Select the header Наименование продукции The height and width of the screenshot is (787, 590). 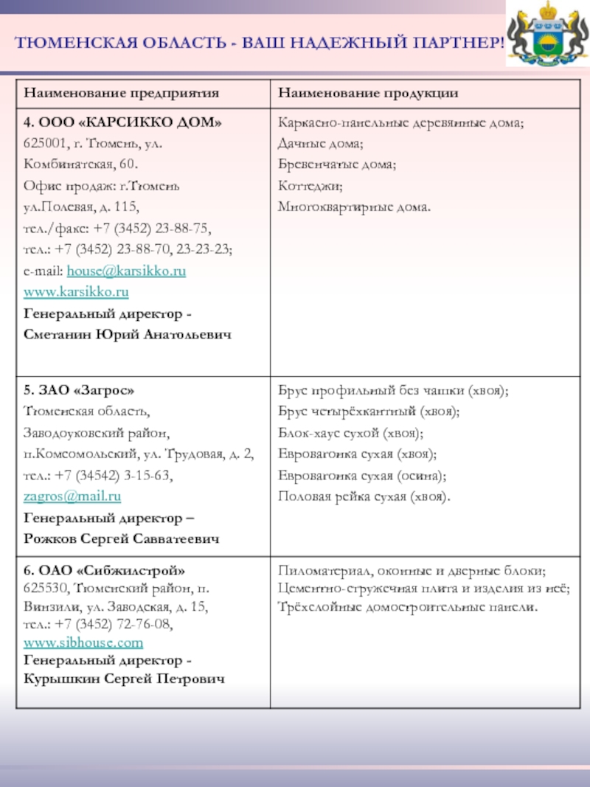pos(368,93)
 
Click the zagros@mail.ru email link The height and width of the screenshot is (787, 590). pos(72,496)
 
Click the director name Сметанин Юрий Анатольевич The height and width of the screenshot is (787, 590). pos(128,335)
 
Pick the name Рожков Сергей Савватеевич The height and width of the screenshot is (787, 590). pos(122,539)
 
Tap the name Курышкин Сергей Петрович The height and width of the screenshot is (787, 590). pos(124,678)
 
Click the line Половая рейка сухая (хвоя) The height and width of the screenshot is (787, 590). pos(364,496)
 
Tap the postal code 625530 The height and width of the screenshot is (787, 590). pos(44,589)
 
